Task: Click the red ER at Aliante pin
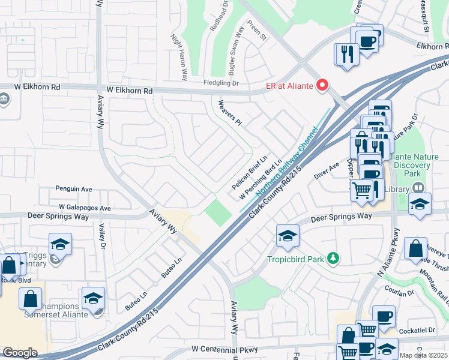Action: pyautogui.click(x=323, y=86)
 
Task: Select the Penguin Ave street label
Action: pyautogui.click(x=73, y=189)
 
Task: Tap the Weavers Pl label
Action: pyautogui.click(x=230, y=113)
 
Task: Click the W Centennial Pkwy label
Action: pyautogui.click(x=224, y=349)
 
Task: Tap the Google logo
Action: pyautogui.click(x=20, y=353)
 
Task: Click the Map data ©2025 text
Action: pyautogui.click(x=423, y=355)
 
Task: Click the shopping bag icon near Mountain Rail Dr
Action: pyautogui.click(x=415, y=248)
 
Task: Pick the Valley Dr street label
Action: pyautogui.click(x=103, y=236)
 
